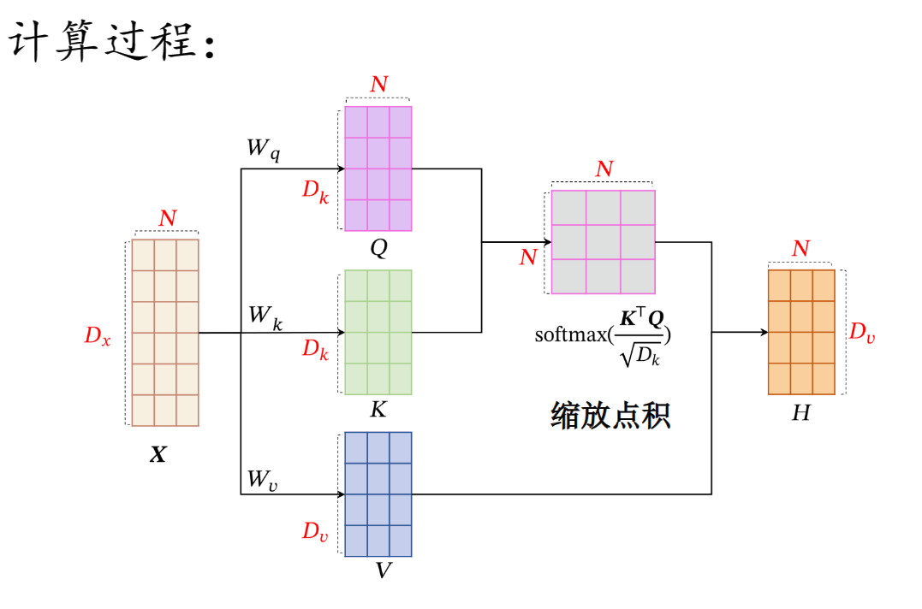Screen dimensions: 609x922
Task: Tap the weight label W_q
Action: coord(263,149)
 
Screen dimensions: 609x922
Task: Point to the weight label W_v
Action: coord(263,480)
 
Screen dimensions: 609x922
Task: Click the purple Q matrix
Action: coord(378,168)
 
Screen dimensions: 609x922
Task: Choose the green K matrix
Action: coord(378,332)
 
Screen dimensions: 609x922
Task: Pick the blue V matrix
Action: coord(378,494)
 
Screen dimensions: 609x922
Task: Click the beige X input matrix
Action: coord(165,332)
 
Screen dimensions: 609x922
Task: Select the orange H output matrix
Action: coord(801,332)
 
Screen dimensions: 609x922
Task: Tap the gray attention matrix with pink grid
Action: coord(603,241)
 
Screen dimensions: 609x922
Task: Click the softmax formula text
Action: coord(603,334)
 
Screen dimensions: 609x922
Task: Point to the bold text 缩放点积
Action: coord(610,415)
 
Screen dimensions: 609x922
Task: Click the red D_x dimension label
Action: coord(97,336)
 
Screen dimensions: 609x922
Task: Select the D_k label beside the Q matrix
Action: coord(315,190)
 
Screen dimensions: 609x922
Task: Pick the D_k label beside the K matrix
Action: coord(315,350)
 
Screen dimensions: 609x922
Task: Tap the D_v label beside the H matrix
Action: coord(861,333)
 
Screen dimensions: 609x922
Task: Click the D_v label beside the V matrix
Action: coord(314,531)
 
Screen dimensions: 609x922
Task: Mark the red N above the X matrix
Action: coord(167,219)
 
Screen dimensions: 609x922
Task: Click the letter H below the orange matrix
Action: coord(800,413)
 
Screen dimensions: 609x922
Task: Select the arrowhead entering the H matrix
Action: coord(763,332)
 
